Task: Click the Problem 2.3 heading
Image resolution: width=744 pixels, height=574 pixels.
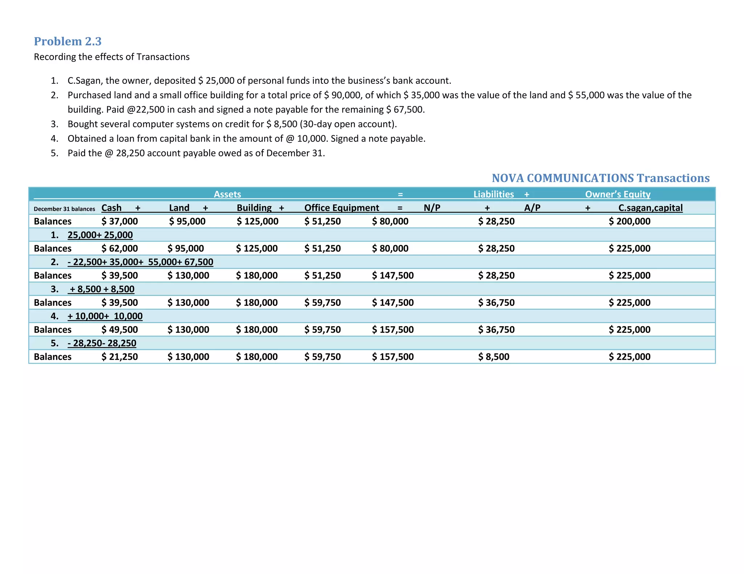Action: (68, 41)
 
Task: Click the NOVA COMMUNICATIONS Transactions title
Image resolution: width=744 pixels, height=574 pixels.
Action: (601, 178)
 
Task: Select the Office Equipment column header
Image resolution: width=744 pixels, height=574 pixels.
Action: (341, 208)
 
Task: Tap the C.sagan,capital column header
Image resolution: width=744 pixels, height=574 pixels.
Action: (650, 208)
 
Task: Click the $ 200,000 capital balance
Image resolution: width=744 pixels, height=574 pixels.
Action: (629, 221)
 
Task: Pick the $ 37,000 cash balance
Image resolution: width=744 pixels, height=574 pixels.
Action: (120, 221)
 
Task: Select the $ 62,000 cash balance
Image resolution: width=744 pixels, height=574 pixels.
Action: (120, 249)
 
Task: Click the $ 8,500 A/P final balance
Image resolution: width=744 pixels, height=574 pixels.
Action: (493, 357)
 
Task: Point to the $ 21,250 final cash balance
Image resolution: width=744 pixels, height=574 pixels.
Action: (120, 357)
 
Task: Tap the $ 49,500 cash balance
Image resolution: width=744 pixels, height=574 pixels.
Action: (120, 329)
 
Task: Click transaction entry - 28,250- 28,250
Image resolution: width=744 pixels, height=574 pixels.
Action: (102, 343)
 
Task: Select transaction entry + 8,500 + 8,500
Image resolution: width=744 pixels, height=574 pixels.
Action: (102, 289)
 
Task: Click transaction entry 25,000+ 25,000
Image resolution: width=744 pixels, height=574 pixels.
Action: (100, 235)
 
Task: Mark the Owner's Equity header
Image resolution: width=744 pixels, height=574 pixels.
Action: (618, 194)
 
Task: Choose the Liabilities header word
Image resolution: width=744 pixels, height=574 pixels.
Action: (493, 194)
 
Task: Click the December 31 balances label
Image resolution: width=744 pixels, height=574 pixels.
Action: (64, 209)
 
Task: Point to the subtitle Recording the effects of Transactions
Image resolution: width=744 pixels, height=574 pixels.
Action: (112, 57)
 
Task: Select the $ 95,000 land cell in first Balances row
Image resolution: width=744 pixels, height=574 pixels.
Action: (187, 221)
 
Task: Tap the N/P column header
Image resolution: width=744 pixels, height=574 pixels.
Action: (432, 208)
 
